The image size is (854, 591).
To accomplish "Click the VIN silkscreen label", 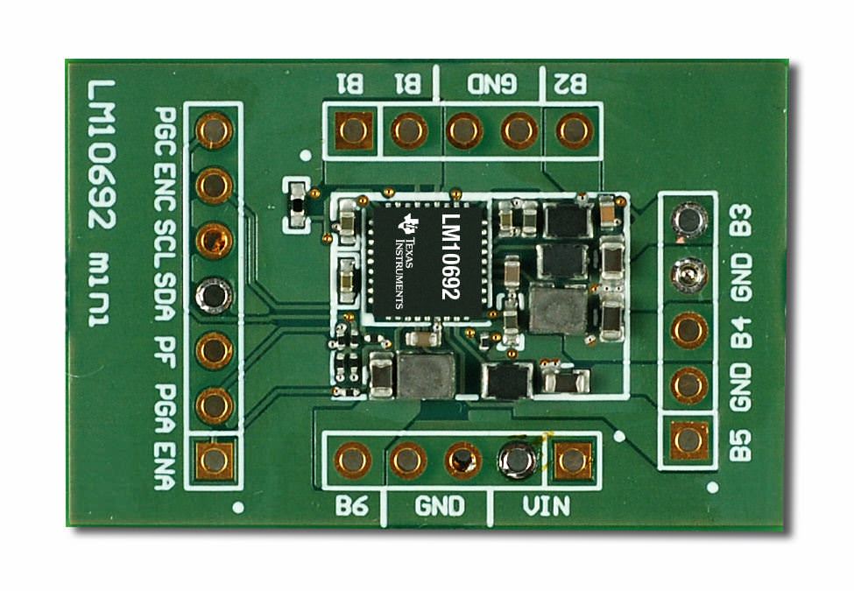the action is point(547,506).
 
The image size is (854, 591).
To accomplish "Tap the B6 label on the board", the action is point(351,506).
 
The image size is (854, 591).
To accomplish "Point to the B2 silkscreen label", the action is point(570,84).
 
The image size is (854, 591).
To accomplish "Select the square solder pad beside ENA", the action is point(214,461).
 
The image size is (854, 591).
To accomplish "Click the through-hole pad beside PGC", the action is point(214,130).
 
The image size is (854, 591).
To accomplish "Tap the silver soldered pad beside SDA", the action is point(214,295).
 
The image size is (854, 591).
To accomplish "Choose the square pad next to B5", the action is point(688,440).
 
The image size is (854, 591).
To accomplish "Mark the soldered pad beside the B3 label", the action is point(688,220).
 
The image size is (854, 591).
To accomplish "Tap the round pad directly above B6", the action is point(352,460).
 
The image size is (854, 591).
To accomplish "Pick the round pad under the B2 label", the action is point(574,130).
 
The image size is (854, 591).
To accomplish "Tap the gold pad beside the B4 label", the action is point(688,330).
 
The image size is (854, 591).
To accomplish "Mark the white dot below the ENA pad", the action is point(238,508).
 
